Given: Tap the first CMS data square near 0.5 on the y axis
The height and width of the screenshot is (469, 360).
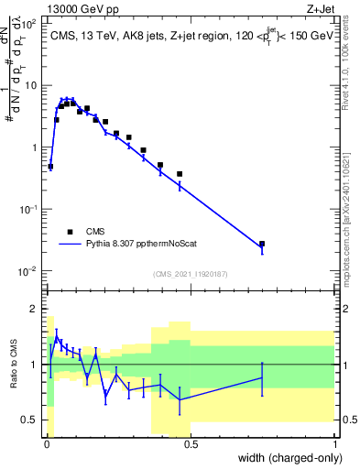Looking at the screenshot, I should [x=50, y=166].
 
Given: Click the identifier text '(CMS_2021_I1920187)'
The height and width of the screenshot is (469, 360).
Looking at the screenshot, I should [x=191, y=273].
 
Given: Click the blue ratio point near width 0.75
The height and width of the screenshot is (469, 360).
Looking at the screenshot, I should [x=262, y=377].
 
